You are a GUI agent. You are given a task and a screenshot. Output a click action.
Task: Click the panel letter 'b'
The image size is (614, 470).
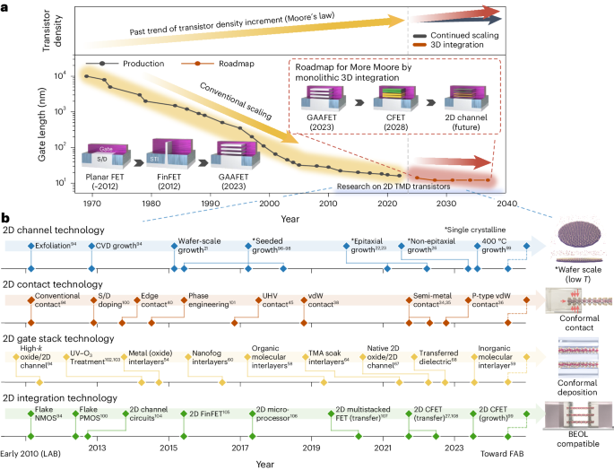coord(5,217)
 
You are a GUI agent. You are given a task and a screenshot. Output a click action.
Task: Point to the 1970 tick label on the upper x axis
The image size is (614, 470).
coord(87,205)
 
